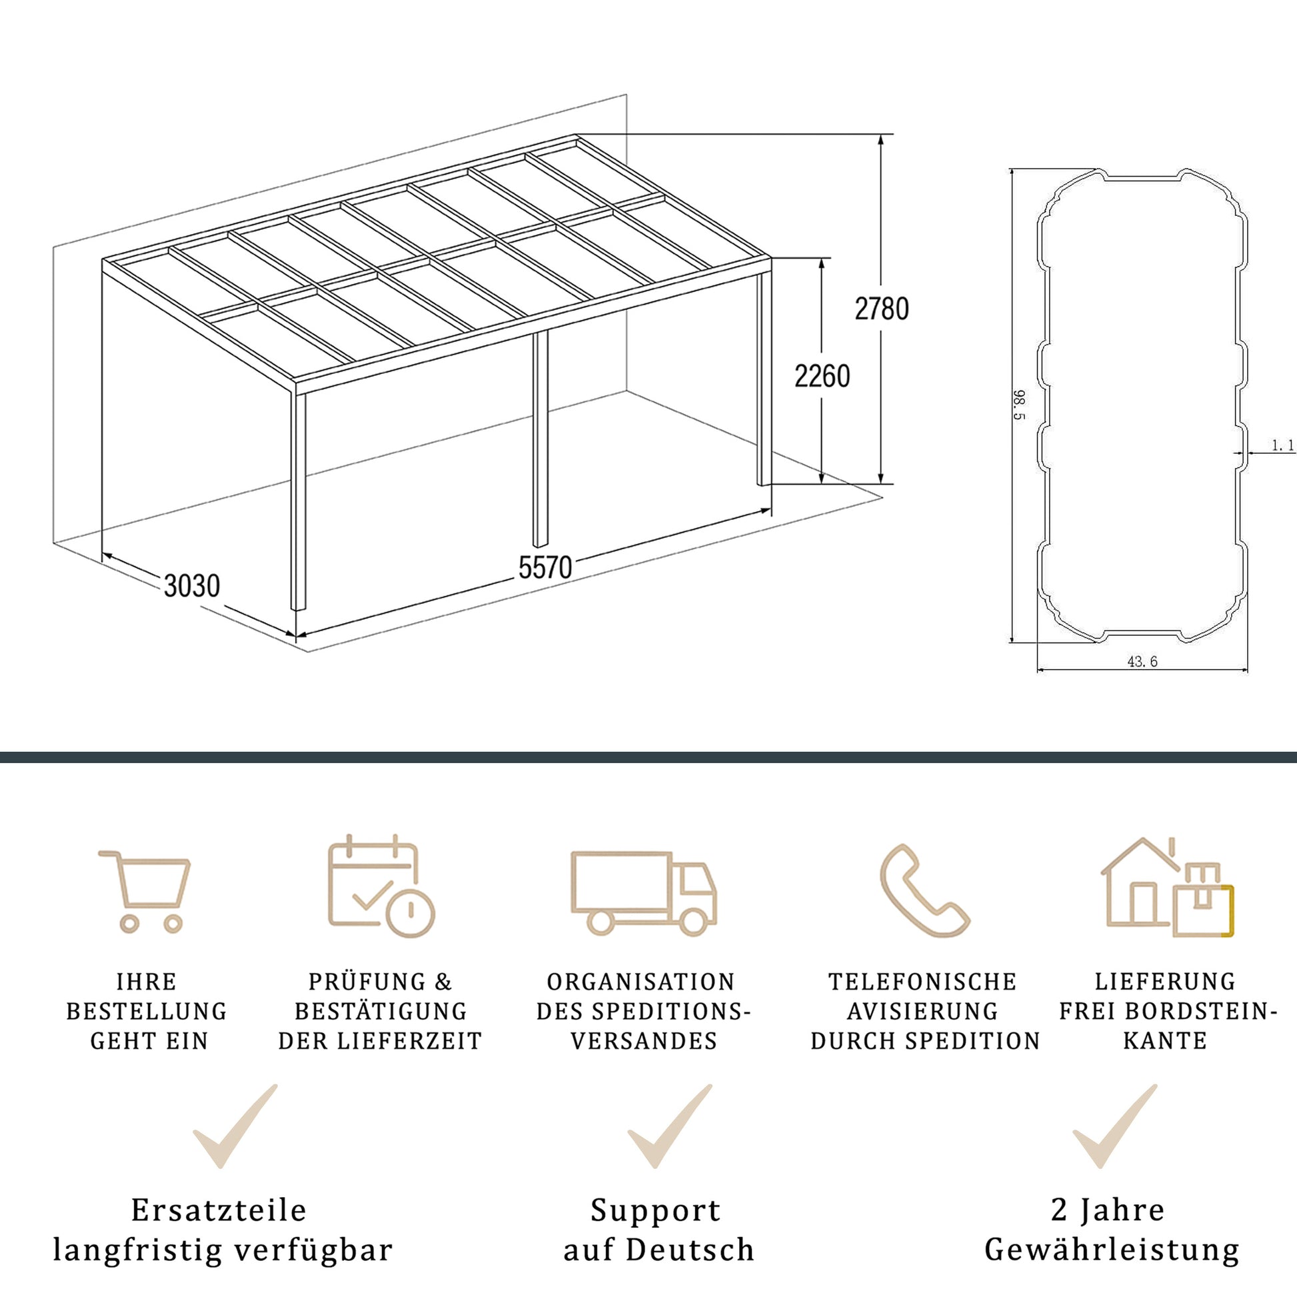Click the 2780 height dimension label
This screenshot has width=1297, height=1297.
click(x=882, y=309)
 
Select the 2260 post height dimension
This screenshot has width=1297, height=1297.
click(x=822, y=376)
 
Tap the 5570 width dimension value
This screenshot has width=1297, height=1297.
click(x=545, y=568)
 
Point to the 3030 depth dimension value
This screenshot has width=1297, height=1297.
click(x=192, y=586)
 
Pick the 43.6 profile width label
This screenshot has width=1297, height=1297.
click(x=1142, y=661)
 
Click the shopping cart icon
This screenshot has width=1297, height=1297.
click(x=145, y=892)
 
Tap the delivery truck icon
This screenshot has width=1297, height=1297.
click(x=644, y=894)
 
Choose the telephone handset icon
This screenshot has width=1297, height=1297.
click(x=924, y=890)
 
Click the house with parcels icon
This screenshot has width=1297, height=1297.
click(x=1168, y=887)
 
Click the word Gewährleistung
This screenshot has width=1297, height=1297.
click(x=1112, y=1250)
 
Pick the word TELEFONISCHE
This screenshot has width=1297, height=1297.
click(x=922, y=982)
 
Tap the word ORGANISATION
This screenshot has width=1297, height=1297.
click(x=641, y=982)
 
